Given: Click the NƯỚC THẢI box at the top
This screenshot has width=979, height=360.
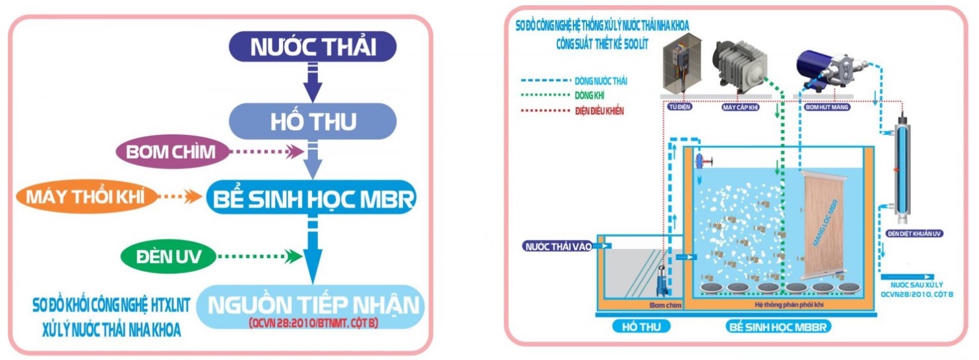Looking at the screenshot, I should (313, 47).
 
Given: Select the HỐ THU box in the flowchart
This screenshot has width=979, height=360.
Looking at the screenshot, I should (313, 121).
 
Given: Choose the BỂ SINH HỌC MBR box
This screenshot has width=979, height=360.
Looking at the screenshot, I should (310, 198).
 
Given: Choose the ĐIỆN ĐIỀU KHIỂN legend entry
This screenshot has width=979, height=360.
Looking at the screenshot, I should (599, 111).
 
